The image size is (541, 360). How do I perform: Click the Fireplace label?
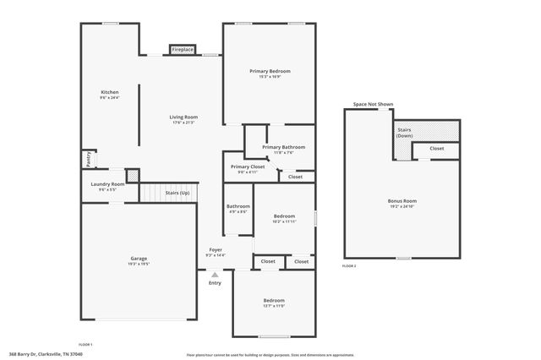point(183,50)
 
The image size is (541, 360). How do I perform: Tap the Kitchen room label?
point(110,92)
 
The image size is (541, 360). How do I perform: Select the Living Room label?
point(183,117)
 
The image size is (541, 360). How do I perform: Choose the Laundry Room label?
point(107,183)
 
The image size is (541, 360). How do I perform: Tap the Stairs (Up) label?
point(178,193)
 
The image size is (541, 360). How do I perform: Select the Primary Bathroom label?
point(283,147)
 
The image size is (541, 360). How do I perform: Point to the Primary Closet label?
point(248,166)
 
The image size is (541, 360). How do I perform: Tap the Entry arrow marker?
point(215,274)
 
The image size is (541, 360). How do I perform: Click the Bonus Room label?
point(402,200)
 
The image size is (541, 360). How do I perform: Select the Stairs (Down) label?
point(405,132)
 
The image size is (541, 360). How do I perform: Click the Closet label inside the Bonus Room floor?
point(436,148)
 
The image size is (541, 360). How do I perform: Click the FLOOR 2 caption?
point(349,265)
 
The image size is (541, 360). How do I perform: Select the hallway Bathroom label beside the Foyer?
point(238,206)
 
